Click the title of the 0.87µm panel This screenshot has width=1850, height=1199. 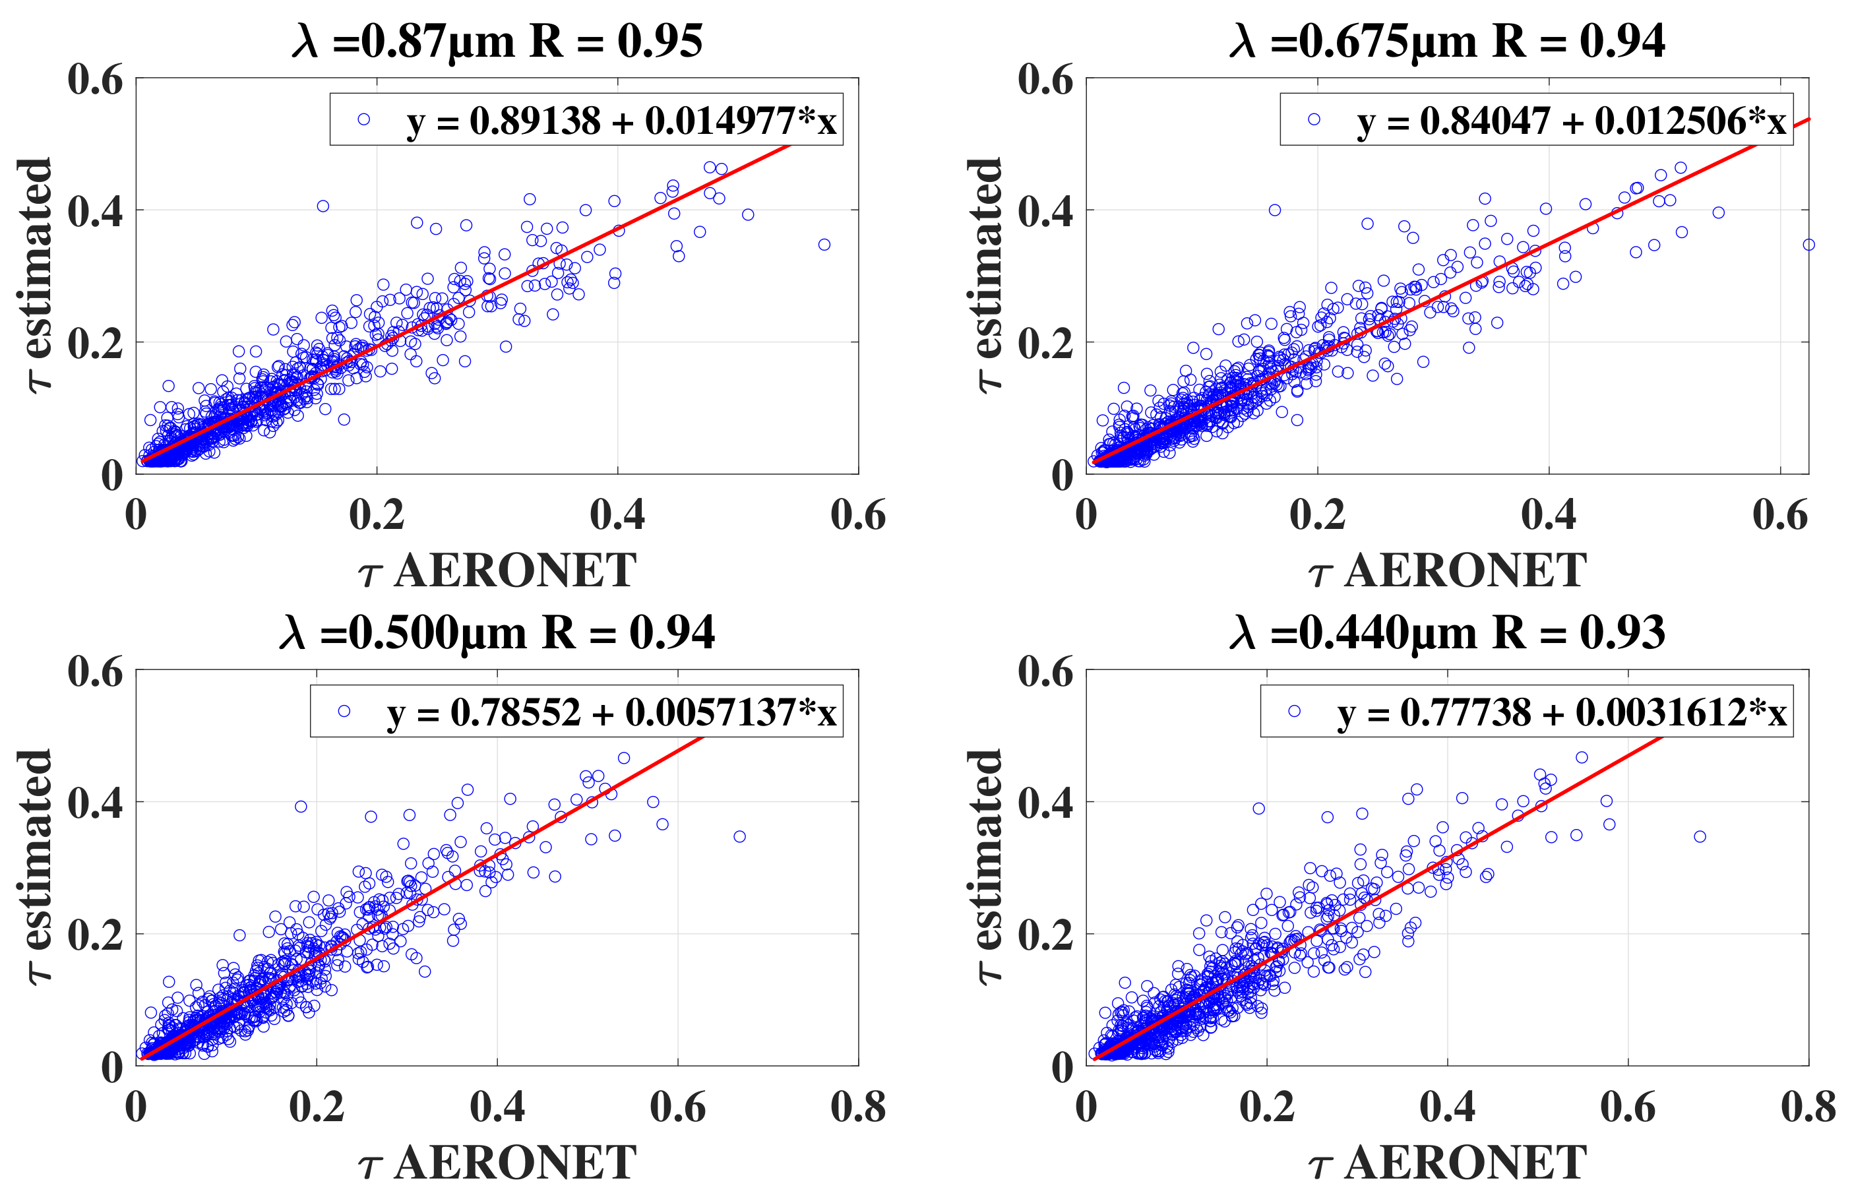[x=497, y=40]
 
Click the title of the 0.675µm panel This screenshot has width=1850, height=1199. [x=1446, y=40]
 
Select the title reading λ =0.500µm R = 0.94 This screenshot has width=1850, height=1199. [x=497, y=632]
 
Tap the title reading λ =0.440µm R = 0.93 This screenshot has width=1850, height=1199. [x=1446, y=632]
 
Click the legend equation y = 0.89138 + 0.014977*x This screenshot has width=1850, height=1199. [x=621, y=121]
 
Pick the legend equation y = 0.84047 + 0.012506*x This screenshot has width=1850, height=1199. [x=1571, y=121]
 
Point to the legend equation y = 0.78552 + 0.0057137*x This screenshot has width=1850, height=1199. [x=611, y=712]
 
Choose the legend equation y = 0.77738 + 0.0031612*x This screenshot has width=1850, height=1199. [x=1562, y=712]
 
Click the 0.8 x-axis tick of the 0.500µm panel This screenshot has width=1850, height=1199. [x=857, y=1107]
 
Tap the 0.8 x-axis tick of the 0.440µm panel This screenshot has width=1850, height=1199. [x=1808, y=1107]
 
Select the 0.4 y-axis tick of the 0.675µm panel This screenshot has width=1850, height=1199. [x=1045, y=211]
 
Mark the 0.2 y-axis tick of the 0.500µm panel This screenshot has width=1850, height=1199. [x=95, y=935]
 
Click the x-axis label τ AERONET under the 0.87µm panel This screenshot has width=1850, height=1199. [x=497, y=571]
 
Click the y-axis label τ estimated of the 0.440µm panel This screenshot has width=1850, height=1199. [x=985, y=867]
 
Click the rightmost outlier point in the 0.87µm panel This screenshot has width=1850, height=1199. [x=824, y=245]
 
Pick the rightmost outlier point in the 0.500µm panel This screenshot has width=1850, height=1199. [x=739, y=837]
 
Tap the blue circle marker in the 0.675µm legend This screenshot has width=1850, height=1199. [x=1314, y=119]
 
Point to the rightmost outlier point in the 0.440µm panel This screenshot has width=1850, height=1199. [x=1699, y=837]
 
